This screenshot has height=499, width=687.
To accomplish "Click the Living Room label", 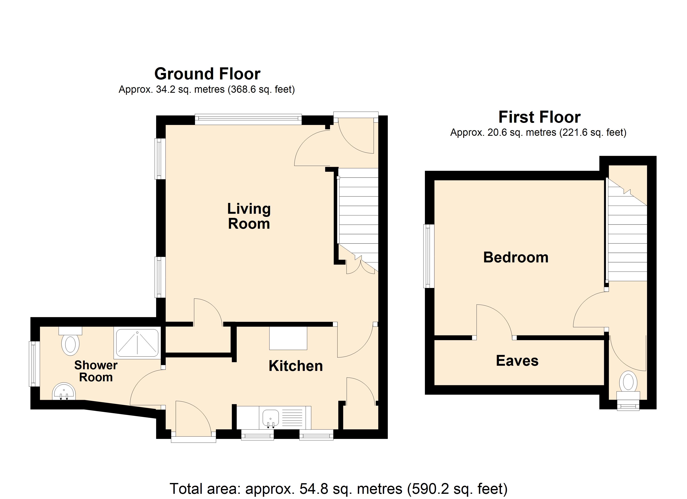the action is (249, 216).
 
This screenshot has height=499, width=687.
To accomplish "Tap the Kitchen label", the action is (296, 366).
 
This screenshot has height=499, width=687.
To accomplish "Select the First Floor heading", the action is (539, 117).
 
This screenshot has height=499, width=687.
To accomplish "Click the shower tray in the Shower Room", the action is (137, 343).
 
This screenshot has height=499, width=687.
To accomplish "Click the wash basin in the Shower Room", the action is (64, 392).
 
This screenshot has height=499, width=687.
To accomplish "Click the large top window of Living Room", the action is (248, 119).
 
